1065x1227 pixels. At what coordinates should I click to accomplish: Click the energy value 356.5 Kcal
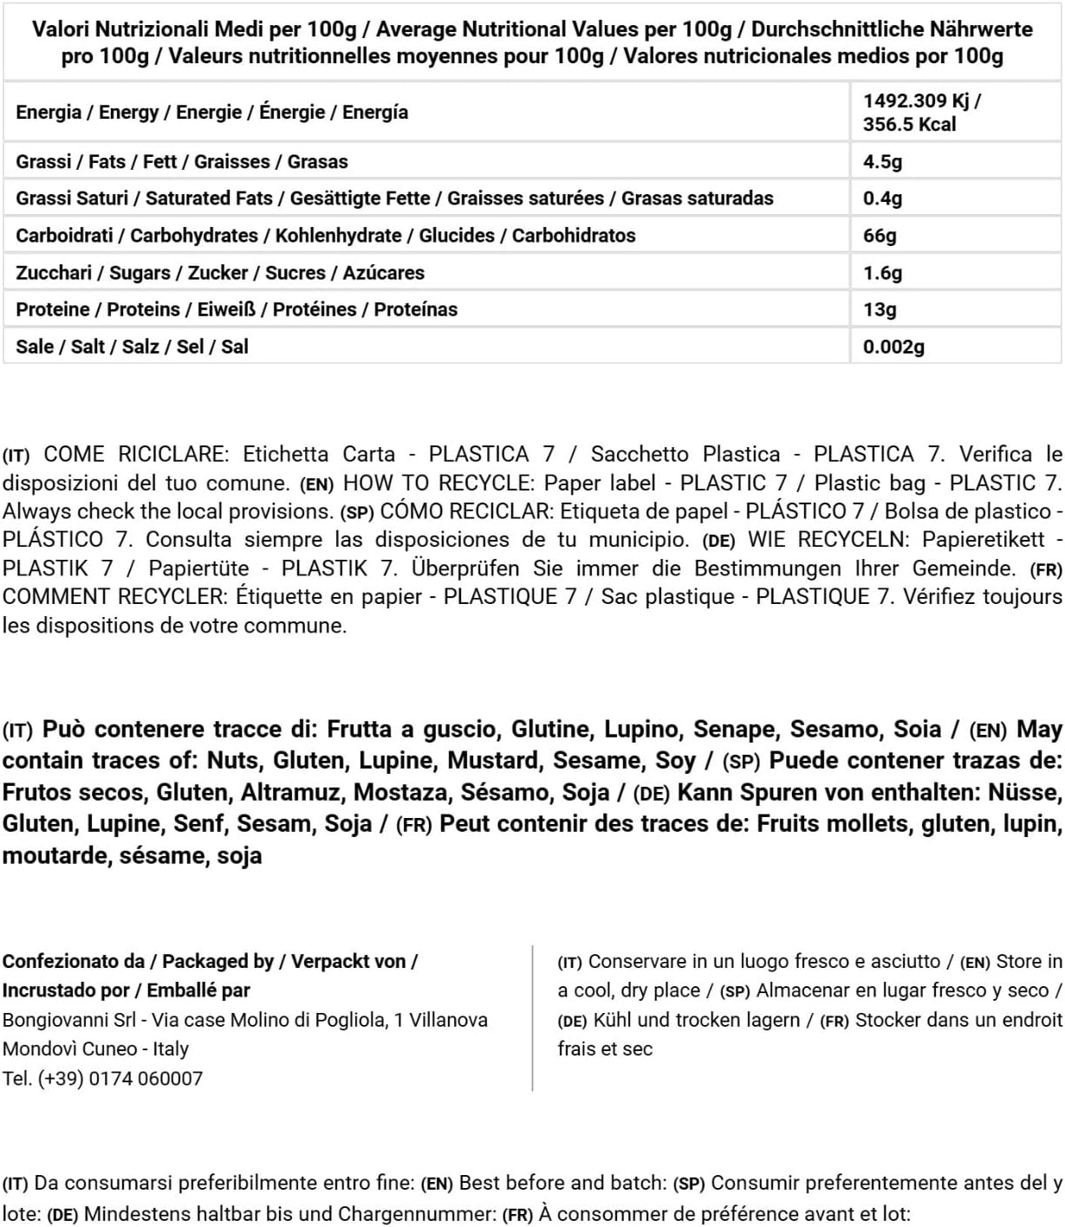909,125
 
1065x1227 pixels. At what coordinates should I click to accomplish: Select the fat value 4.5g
882,162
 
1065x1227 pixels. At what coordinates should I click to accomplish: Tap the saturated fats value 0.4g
882,198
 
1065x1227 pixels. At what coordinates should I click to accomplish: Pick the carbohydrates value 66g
880,236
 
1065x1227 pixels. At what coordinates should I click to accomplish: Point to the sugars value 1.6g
882,273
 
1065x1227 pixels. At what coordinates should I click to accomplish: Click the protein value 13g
880,310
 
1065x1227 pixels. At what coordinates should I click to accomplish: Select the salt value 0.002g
893,347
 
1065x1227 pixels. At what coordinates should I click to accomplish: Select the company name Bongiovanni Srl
69,1021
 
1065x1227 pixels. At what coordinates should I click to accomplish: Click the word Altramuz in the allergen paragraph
292,793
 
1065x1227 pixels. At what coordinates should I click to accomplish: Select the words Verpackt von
348,962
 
